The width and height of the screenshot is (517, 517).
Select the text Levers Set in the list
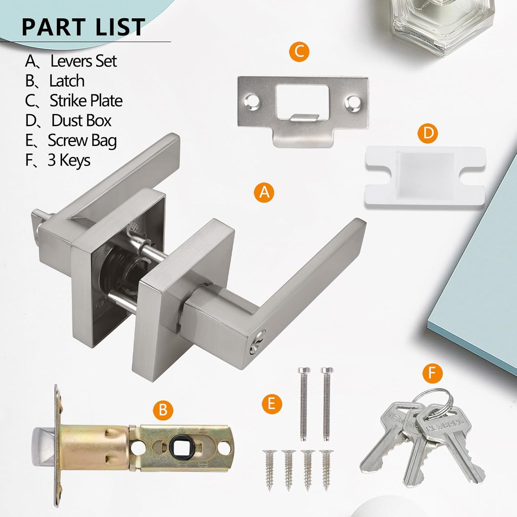click(83, 61)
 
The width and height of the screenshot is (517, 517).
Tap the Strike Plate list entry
click(86, 101)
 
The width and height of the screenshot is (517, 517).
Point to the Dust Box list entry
click(81, 121)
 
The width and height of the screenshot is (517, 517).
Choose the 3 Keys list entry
click(69, 160)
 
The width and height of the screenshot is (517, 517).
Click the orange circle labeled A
click(264, 192)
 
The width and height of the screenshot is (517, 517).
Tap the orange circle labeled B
click(163, 410)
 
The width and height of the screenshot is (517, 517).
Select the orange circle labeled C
click(299, 52)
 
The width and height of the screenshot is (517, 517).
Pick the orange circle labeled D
click(427, 133)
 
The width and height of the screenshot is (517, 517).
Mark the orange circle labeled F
click(432, 373)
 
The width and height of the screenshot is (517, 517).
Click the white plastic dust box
click(425, 176)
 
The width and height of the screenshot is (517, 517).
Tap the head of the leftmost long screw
click(304, 371)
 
